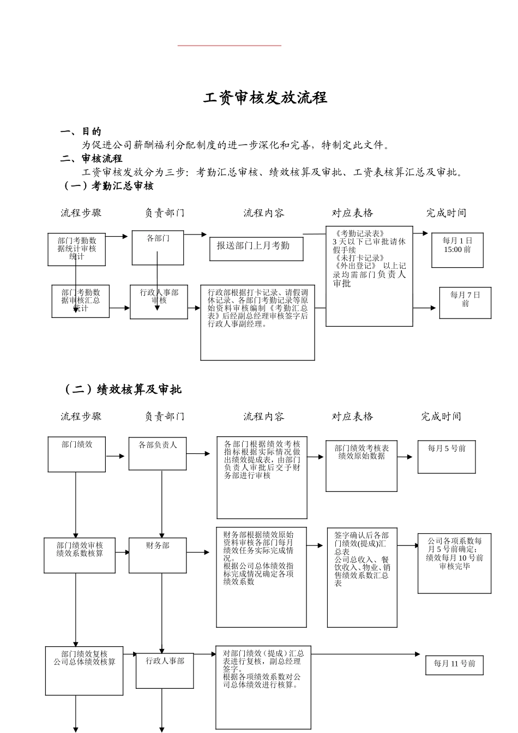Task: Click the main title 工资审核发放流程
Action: pos(265,98)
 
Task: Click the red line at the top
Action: pos(229,46)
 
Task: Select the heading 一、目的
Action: pos(81,131)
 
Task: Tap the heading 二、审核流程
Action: pos(91,159)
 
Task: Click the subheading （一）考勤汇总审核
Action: pos(109,186)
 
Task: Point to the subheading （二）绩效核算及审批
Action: pos(122,389)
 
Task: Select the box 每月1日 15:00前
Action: pos(457,250)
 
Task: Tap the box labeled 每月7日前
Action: pos(465,303)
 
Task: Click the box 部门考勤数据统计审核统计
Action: pos(76,249)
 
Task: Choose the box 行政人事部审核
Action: pos(159,301)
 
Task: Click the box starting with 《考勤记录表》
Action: pos(369,276)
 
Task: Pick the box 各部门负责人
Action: pos(158,453)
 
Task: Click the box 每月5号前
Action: pos(447,456)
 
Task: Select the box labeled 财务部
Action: pos(158,555)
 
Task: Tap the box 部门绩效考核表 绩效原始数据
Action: pos(362,466)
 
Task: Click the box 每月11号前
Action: pos(454,664)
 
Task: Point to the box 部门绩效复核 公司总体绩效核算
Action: pos(84,670)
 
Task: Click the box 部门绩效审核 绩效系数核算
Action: pos(80,555)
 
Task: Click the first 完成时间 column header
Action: pos(446,213)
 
